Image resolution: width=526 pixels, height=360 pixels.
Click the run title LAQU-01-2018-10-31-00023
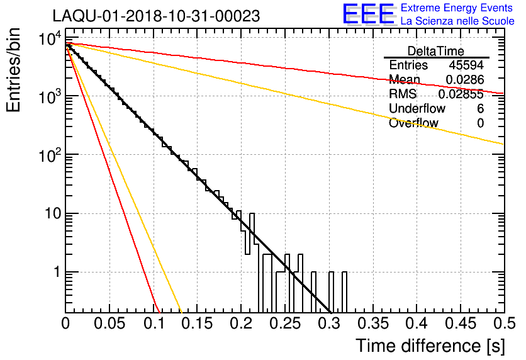pyautogui.click(x=156, y=16)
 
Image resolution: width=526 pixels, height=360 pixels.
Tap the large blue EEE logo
pyautogui.click(x=368, y=14)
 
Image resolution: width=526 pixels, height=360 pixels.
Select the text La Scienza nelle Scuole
pyautogui.click(x=457, y=21)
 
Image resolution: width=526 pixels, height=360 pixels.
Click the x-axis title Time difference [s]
pyautogui.click(x=429, y=346)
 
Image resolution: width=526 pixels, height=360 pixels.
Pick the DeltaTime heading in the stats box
pyautogui.click(x=436, y=51)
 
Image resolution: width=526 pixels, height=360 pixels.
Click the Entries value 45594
pyautogui.click(x=466, y=65)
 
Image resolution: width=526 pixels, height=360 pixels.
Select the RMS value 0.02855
pyautogui.click(x=461, y=94)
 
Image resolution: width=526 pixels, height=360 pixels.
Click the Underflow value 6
pyautogui.click(x=480, y=109)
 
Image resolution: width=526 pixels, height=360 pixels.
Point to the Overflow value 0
pyautogui.click(x=480, y=123)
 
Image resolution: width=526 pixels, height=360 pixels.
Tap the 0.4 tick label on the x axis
pyautogui.click(x=416, y=323)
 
